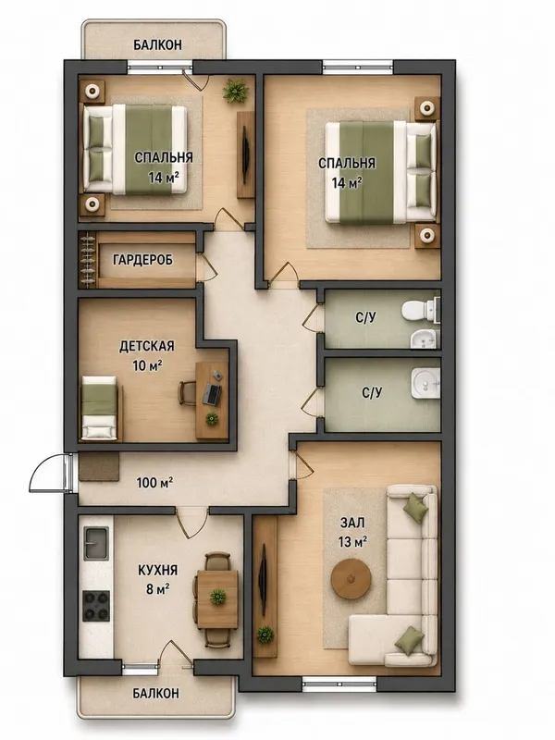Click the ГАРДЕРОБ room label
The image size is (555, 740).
point(142,260)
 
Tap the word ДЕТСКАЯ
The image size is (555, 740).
point(147,346)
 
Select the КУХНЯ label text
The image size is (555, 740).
point(157,570)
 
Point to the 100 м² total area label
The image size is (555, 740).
point(154,483)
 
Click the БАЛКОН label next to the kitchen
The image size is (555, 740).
point(155,693)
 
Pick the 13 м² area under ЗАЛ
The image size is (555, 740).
point(352,542)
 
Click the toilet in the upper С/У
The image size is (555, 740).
point(420,310)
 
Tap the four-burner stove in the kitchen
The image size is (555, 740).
point(96,606)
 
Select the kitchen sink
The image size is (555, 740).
point(96,543)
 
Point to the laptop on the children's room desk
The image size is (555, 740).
point(212,395)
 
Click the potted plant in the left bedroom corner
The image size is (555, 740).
point(236,91)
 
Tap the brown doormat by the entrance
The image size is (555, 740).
point(99,467)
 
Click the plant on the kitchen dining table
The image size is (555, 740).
point(217,597)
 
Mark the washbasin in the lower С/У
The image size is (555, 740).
point(425,383)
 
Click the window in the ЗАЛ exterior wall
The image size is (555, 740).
point(339,684)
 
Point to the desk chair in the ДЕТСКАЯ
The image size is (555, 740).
point(187,393)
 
